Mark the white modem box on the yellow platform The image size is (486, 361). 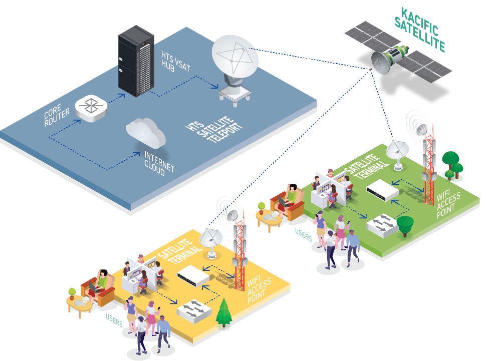click(193, 276)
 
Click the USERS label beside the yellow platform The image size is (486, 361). click(114, 320)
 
